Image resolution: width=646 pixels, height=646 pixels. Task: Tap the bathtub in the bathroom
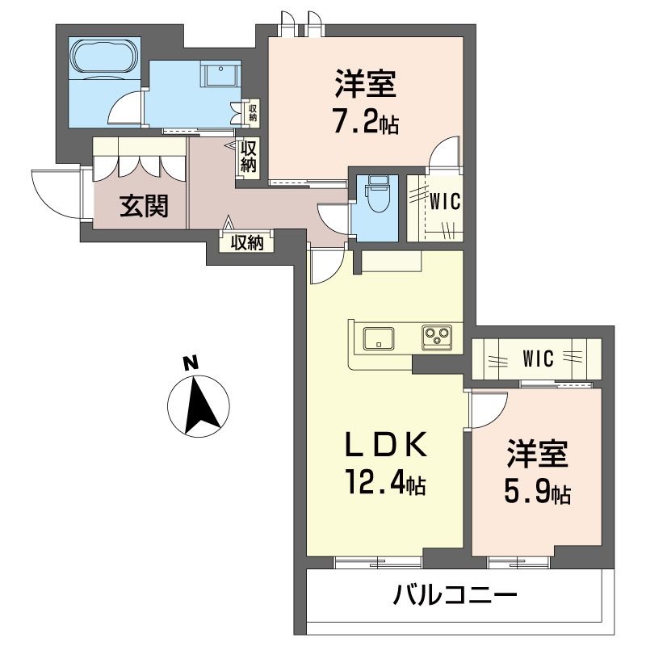tap(104, 57)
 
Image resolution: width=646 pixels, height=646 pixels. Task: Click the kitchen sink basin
tap(377, 338)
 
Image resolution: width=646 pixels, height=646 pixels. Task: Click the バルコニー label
tap(455, 598)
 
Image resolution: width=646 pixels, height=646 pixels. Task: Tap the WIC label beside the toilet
tap(445, 201)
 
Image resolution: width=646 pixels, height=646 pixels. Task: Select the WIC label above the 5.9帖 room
tap(539, 358)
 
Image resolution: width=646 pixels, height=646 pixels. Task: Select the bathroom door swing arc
tap(127, 110)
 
